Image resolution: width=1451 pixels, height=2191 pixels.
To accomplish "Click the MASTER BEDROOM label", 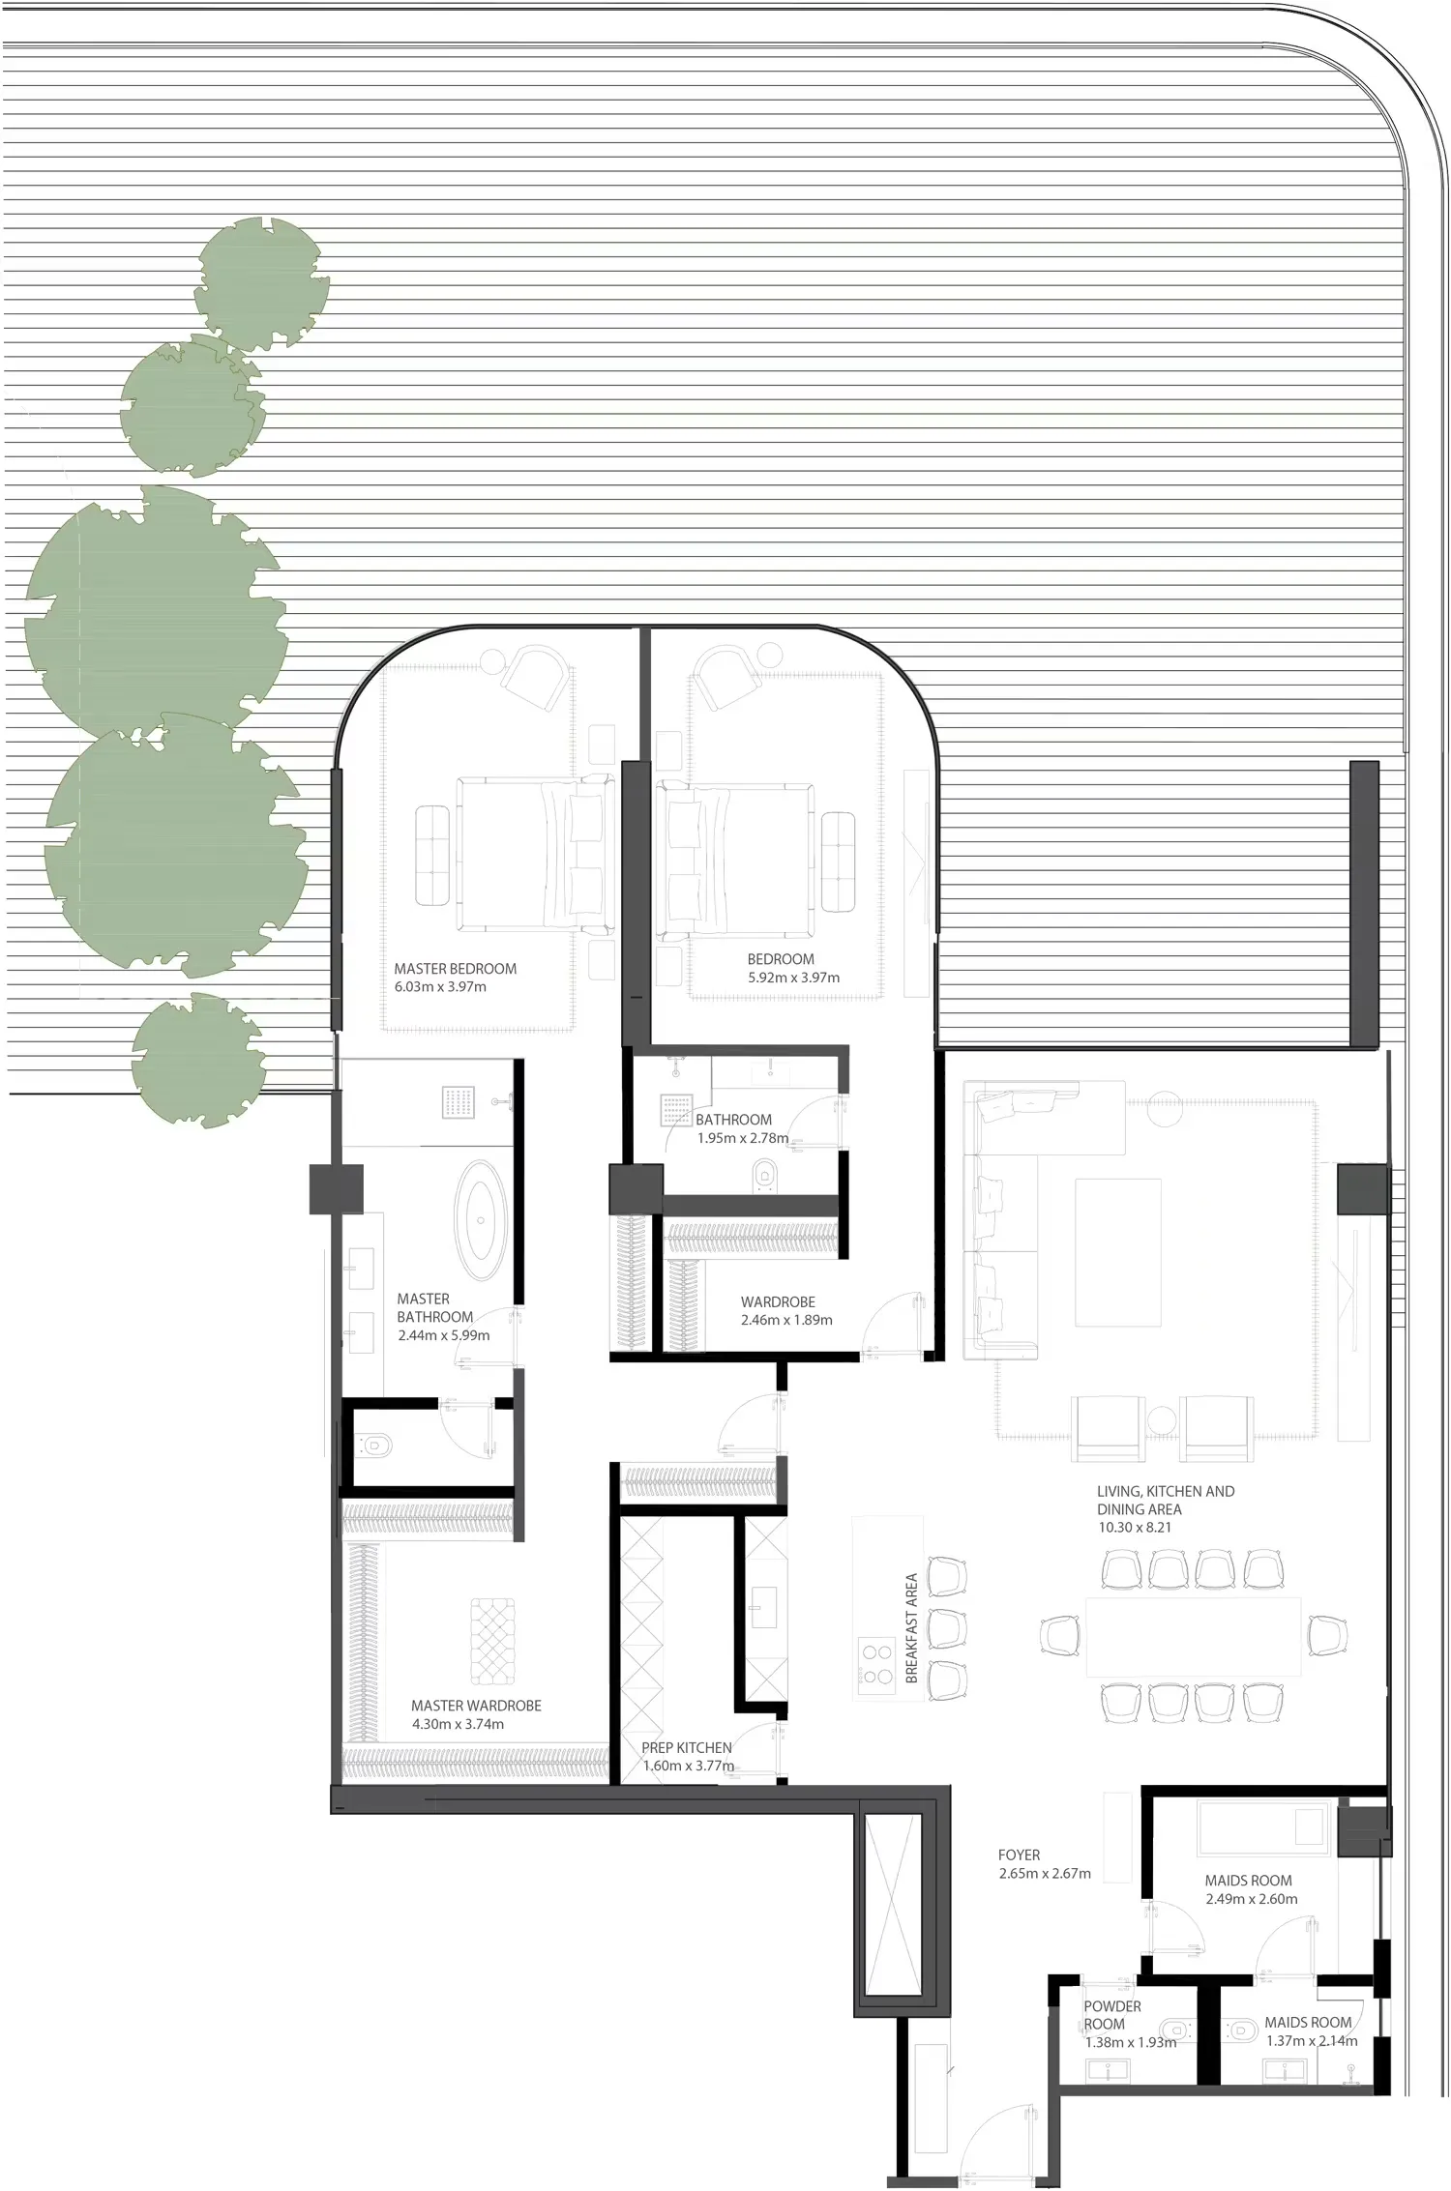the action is click(x=455, y=969).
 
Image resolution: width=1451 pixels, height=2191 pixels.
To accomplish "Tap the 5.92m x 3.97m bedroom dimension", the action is click(x=793, y=978).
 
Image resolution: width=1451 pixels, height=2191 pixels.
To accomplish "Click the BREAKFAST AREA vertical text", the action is click(x=911, y=1628).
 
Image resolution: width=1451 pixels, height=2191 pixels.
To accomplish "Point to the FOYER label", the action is click(x=1019, y=1855).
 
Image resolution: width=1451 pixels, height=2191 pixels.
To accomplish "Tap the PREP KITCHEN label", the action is click(x=687, y=1748).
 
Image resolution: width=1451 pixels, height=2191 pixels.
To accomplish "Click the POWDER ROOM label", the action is click(x=1111, y=2015).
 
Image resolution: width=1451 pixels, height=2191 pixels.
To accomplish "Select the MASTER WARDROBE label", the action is click(x=476, y=1707).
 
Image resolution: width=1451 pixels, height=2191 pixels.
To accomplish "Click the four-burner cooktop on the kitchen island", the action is click(x=877, y=1662).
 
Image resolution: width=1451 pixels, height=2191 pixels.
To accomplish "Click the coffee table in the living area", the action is click(x=1118, y=1253).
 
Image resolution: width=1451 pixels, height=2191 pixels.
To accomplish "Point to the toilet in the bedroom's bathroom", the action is click(x=764, y=1175).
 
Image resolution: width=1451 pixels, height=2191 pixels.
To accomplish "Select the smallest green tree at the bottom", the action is click(x=199, y=1059).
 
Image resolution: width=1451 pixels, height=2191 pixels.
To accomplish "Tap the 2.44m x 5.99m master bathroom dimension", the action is click(x=444, y=1335).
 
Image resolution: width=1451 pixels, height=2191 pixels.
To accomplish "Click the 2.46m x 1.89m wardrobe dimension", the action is click(x=786, y=1320).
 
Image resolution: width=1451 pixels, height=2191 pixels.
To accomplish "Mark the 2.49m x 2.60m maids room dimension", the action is click(x=1252, y=1899).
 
